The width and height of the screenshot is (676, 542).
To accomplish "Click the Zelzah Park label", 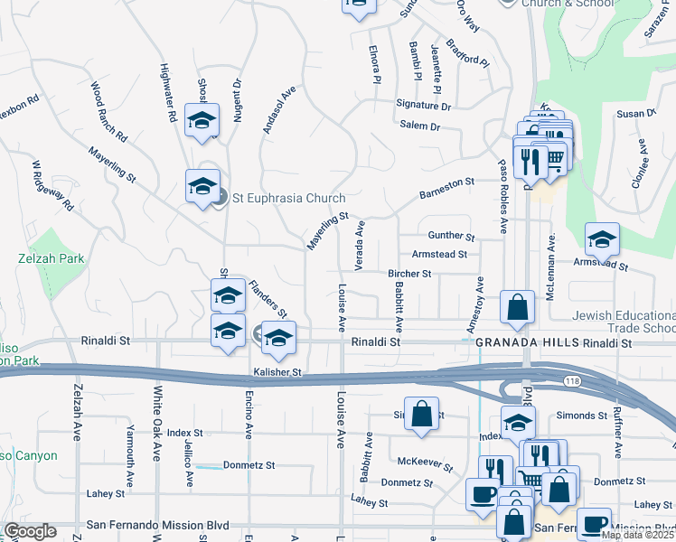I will [x=51, y=258].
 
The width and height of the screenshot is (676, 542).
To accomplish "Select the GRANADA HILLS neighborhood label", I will [x=527, y=343].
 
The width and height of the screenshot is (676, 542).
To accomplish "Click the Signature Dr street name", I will [x=423, y=106].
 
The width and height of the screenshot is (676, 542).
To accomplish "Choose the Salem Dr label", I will [x=420, y=127].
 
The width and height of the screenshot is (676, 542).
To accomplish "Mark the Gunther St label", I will [x=452, y=236].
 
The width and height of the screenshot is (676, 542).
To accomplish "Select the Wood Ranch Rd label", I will [x=108, y=115].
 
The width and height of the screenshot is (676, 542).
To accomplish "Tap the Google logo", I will [x=31, y=531].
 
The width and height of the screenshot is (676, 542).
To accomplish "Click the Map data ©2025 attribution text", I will [x=638, y=535].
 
